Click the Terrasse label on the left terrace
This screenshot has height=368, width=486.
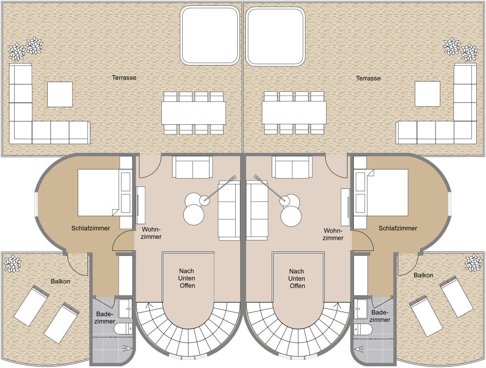click(x=124, y=78)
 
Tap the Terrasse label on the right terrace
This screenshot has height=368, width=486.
click(x=368, y=78)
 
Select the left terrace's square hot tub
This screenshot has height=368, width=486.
click(x=210, y=35)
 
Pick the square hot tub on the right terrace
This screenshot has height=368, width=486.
click(x=276, y=36)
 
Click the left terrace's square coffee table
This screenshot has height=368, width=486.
click(x=60, y=94)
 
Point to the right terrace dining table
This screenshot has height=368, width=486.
click(x=294, y=113)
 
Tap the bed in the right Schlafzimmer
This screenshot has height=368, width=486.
click(x=387, y=192)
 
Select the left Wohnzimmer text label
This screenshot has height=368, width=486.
click(x=152, y=233)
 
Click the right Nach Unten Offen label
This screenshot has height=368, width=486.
click(x=297, y=279)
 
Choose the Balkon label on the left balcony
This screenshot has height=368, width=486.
click(x=60, y=281)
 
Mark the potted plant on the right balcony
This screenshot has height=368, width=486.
click(x=473, y=263)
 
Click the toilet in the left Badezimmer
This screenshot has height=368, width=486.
click(x=124, y=328)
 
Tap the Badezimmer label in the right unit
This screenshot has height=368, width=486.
click(x=380, y=317)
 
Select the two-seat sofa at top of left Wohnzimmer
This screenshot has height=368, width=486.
click(x=192, y=167)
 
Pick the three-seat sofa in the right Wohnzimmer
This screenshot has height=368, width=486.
click(x=257, y=211)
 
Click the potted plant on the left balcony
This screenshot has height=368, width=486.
click(x=13, y=264)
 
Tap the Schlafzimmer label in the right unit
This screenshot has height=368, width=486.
click(x=398, y=228)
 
